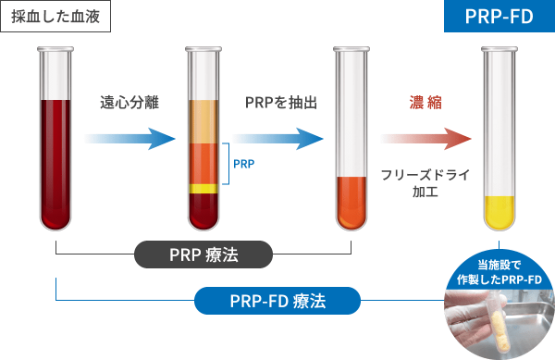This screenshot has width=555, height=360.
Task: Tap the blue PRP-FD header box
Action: (499, 17)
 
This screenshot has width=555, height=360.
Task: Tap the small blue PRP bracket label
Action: (244, 164)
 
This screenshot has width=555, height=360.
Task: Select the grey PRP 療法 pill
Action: (203, 254)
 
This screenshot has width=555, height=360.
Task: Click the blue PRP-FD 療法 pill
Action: (277, 301)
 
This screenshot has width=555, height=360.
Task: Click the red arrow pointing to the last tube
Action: (426, 139)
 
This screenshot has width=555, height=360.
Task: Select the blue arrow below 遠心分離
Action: (129, 139)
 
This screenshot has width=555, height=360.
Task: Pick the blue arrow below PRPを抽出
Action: (278, 139)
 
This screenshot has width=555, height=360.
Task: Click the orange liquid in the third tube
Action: (351, 204)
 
